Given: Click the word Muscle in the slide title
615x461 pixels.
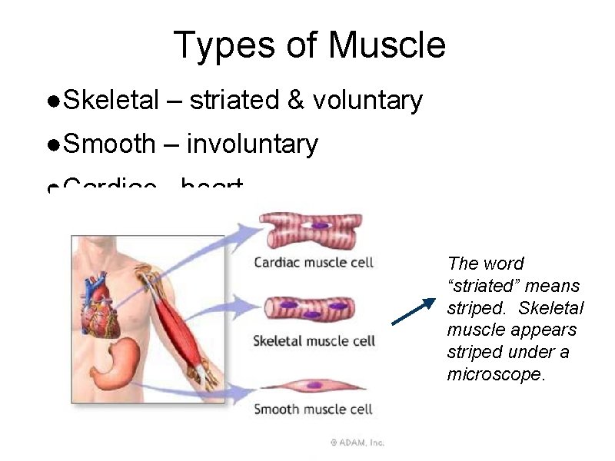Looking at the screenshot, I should coord(387,45).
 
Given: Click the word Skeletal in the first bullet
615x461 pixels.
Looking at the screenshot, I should coord(112,100).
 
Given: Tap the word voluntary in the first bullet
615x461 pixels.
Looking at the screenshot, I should coord(367,100).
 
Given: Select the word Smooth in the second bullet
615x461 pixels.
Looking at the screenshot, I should coord(110,144).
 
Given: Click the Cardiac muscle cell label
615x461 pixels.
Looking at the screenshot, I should coord(314,263).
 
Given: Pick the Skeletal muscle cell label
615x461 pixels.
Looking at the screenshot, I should coord(314,340).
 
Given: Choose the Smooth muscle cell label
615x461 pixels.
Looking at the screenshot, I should coord(314,409).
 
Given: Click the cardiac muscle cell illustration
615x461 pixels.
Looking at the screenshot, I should coord(312,230).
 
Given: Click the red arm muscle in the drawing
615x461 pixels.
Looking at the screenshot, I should coord(177,323).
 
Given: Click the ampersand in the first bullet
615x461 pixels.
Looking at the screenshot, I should coord(293,101).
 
